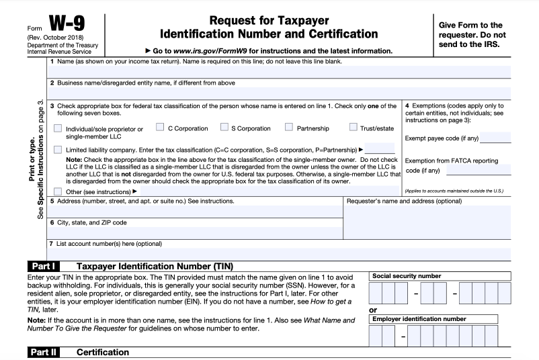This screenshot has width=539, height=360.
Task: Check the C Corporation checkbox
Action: coord(160,127)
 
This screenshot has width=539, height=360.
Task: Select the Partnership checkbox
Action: coord(289,127)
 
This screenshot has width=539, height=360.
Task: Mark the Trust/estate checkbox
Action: coord(354,127)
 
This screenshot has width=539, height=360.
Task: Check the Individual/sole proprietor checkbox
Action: coord(58,128)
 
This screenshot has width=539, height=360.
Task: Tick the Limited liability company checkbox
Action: coord(58,149)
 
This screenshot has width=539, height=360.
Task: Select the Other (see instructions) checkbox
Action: coord(58,191)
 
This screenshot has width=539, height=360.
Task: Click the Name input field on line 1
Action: coord(279,72)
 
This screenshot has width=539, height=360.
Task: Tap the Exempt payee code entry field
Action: coord(495,139)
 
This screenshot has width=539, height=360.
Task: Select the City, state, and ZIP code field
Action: coord(195,232)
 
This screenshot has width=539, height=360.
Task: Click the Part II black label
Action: coord(46,352)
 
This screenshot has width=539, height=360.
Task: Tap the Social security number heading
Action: coord(407,276)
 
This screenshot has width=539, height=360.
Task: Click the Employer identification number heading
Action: coord(419,319)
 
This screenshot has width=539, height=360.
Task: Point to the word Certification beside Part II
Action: coord(102,352)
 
